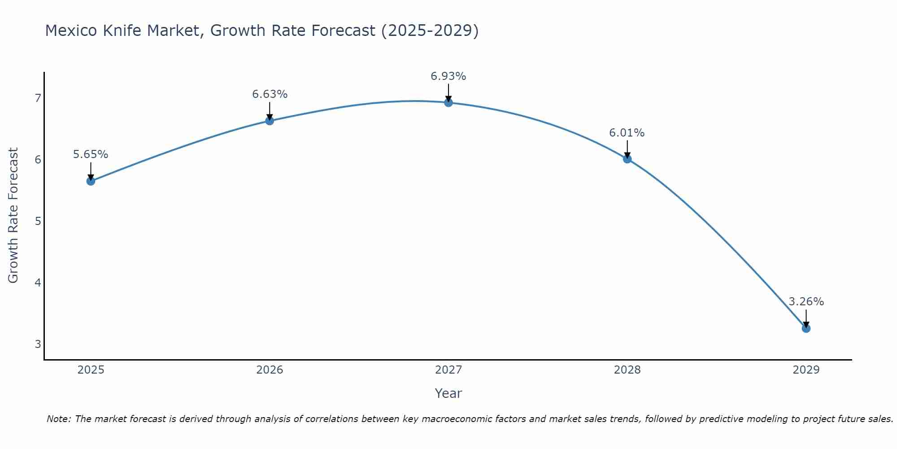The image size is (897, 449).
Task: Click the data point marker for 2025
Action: (91, 181)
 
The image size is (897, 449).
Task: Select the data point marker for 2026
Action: (270, 120)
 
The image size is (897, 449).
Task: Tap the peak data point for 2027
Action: (448, 102)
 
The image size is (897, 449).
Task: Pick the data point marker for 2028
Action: (627, 158)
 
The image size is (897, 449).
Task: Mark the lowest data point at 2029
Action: (806, 328)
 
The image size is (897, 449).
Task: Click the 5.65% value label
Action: (91, 154)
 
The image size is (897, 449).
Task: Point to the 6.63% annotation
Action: (270, 94)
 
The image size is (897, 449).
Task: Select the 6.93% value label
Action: (448, 76)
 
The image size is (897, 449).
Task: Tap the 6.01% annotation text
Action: (627, 133)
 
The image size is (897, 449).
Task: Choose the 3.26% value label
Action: (806, 302)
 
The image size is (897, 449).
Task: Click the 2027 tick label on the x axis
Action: (448, 370)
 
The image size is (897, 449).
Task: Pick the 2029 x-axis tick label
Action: (806, 370)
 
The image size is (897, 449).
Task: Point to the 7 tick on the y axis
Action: (38, 98)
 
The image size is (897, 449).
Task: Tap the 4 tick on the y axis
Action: (38, 282)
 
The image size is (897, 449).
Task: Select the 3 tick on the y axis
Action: (38, 344)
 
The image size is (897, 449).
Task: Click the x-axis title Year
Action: (448, 393)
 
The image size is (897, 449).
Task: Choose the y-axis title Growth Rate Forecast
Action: (13, 216)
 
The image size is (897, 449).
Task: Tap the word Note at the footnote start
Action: (58, 419)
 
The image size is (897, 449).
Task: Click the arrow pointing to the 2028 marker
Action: (627, 149)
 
